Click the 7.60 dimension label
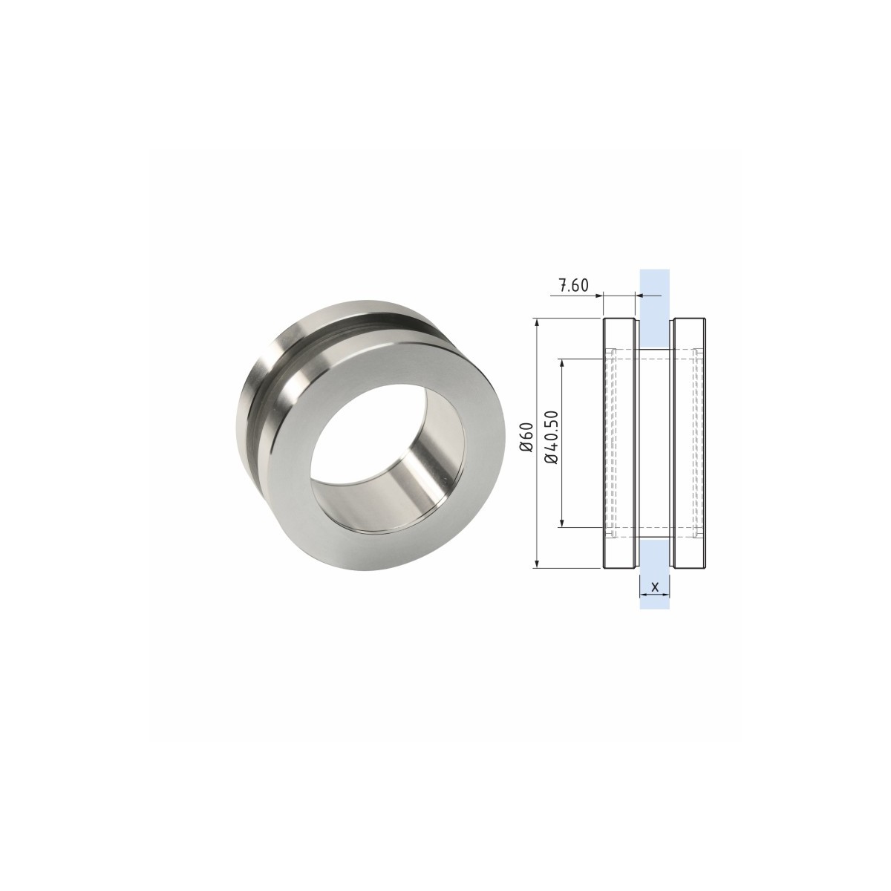tap(573, 285)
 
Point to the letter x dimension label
tap(654, 587)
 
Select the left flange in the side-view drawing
tap(619, 443)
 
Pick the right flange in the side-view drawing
tap(689, 443)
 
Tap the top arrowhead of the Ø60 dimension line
tap(537, 323)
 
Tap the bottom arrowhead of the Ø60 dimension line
tap(537, 563)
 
